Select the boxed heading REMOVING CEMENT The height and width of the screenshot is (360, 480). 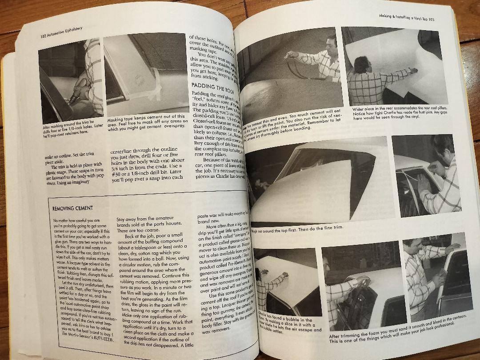(72, 208)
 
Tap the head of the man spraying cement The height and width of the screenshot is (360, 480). (332, 45)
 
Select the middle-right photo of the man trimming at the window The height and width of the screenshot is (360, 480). (427, 176)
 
